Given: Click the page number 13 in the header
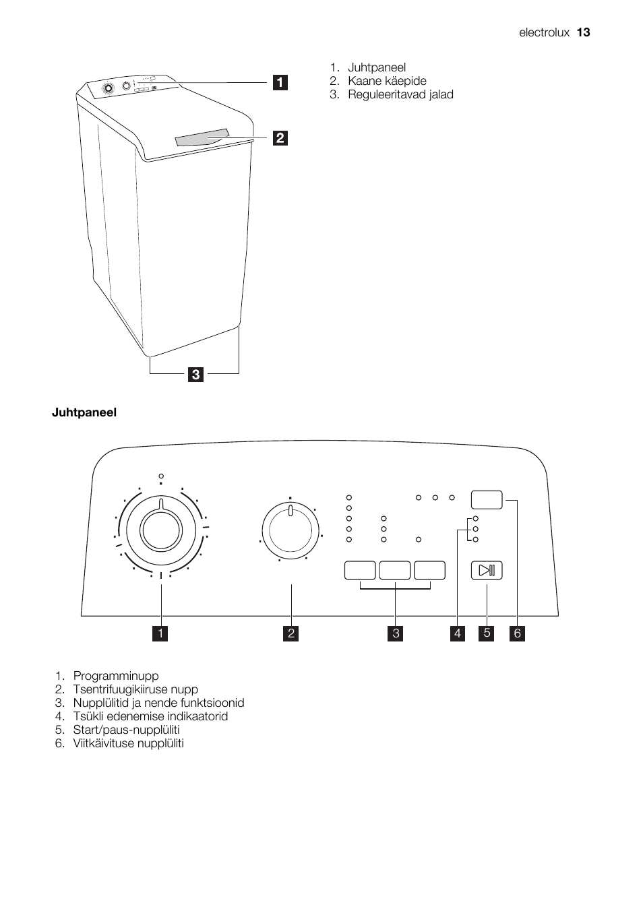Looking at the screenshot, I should [583, 32].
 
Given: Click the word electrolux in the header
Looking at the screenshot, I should [544, 32].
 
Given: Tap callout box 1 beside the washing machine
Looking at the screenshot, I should [280, 82].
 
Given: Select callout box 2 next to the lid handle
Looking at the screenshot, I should [280, 138].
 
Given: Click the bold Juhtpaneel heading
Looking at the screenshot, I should [84, 412].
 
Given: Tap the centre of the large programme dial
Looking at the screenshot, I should [160, 528].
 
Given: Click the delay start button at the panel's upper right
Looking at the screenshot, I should [487, 499].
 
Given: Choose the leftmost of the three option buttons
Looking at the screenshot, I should [360, 570].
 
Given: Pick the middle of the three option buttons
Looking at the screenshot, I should [395, 570].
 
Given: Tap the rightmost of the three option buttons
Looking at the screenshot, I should [430, 570].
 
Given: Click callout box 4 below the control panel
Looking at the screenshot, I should [458, 633].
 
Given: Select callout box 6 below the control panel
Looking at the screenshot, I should [517, 633].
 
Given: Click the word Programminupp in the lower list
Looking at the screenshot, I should [116, 676].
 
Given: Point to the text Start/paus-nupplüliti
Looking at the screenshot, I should [126, 730].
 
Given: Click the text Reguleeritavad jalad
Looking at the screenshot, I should [400, 94].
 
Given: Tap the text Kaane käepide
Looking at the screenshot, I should [387, 81].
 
